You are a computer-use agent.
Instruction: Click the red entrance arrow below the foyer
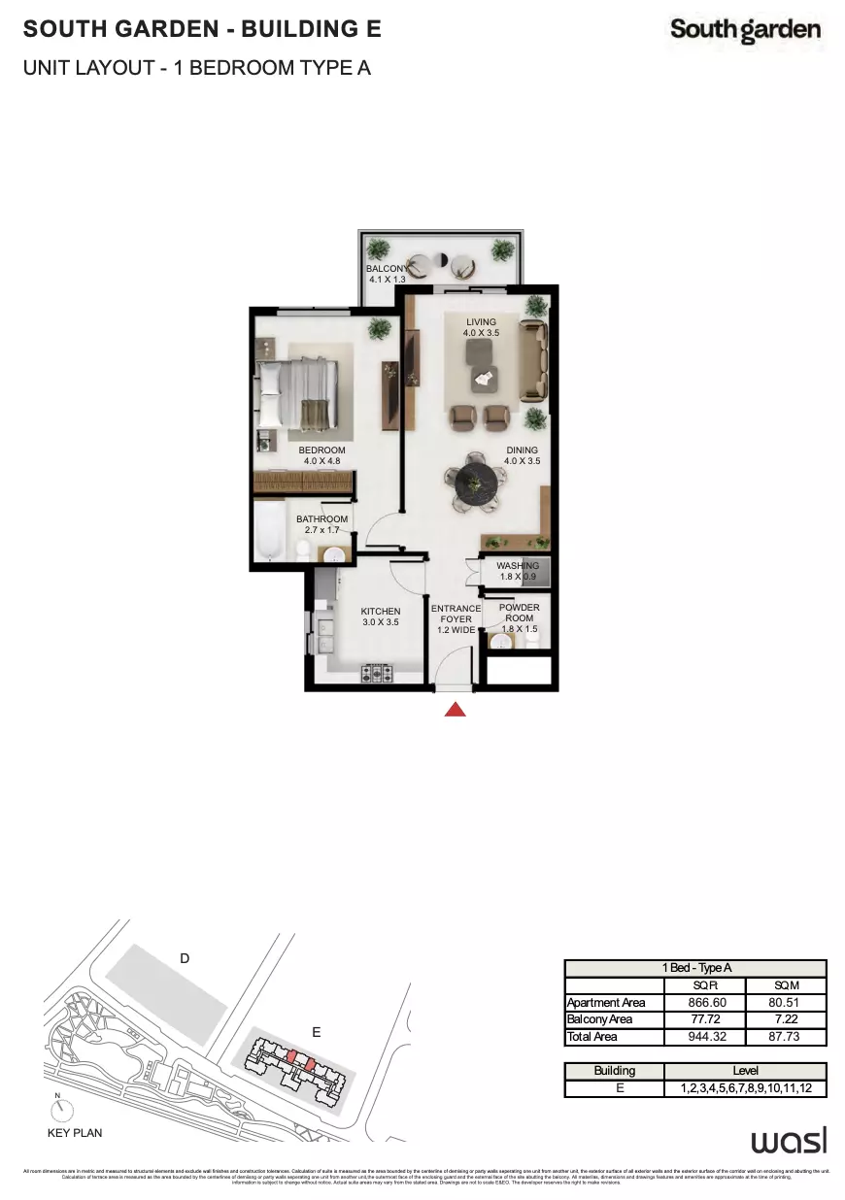pyautogui.click(x=455, y=710)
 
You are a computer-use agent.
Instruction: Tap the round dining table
pyautogui.click(x=474, y=483)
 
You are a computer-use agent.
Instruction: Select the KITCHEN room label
pyautogui.click(x=381, y=617)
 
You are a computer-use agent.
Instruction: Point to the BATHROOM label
pyautogui.click(x=321, y=525)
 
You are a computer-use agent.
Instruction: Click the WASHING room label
pyautogui.click(x=518, y=571)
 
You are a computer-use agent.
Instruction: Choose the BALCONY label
pyautogui.click(x=387, y=273)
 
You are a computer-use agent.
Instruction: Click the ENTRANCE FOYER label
pyautogui.click(x=456, y=618)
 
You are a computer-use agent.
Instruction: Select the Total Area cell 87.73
pyautogui.click(x=787, y=1037)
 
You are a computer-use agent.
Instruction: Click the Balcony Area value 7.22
pyautogui.click(x=787, y=1019)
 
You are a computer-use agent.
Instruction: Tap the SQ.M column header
pyautogui.click(x=787, y=984)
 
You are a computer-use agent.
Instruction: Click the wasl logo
pyautogui.click(x=788, y=1139)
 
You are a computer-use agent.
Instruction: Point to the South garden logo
pyautogui.click(x=745, y=31)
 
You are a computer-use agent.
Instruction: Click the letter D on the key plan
pyautogui.click(x=185, y=959)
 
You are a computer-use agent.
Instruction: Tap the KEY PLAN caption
pyautogui.click(x=75, y=1133)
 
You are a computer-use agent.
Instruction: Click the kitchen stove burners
pyautogui.click(x=377, y=672)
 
